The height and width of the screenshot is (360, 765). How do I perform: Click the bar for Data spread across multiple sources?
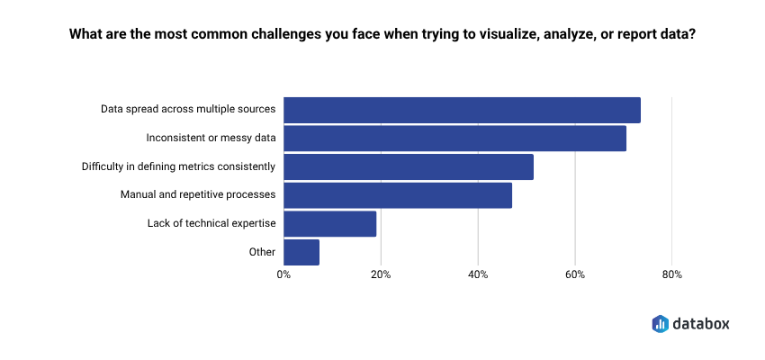[462, 110]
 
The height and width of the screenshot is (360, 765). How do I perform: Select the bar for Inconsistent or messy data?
[454, 139]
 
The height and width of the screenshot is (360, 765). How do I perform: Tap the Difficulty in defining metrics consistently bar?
[409, 166]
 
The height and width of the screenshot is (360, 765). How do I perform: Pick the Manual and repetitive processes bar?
[398, 195]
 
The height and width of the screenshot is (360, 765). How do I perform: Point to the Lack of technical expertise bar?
[329, 223]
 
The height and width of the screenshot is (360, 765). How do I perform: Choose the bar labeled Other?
[301, 252]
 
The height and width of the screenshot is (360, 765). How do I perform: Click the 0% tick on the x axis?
[283, 274]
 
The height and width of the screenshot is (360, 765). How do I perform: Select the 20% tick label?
[381, 274]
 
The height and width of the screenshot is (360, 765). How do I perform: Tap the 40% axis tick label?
[478, 274]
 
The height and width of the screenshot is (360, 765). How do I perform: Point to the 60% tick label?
[575, 274]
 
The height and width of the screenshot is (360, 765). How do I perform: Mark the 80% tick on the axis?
[671, 274]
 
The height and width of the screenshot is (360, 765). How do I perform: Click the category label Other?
[262, 252]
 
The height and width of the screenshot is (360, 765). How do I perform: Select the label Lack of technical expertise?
[211, 223]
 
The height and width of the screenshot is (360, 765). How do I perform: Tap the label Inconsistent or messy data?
[211, 139]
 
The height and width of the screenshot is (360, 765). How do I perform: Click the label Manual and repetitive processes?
[198, 195]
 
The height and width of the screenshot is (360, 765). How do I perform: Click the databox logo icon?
[660, 323]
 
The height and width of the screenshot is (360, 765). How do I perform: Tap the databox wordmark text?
[702, 323]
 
